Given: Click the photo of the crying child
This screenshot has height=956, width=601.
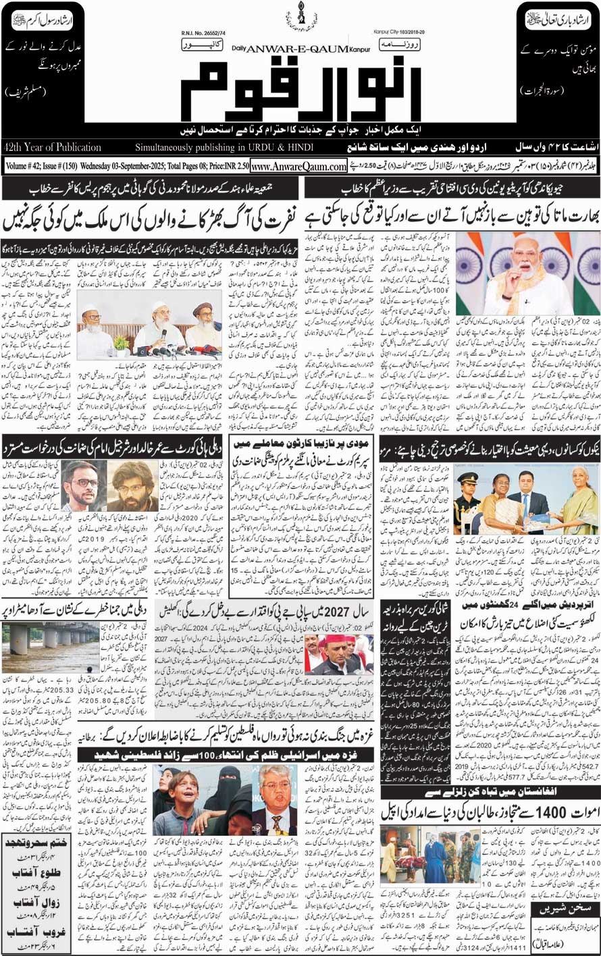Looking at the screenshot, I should point(197,801).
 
